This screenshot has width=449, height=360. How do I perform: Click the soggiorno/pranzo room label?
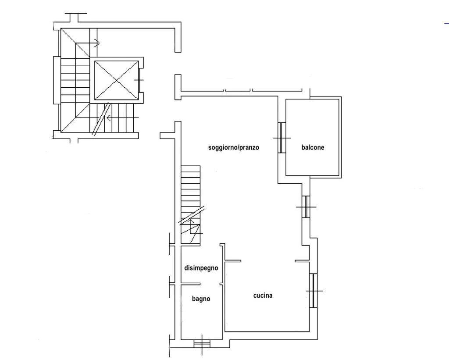click(233, 148)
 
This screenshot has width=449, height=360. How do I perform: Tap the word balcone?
click(313, 147)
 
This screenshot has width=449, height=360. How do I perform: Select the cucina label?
click(263, 295)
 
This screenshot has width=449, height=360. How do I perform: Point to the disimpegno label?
click(201, 268)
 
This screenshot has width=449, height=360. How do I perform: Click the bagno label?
click(201, 299)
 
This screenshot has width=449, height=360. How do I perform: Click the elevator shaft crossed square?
click(116, 80)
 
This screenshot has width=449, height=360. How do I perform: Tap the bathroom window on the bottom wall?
click(202, 343)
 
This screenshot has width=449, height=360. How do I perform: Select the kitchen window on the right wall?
click(314, 291)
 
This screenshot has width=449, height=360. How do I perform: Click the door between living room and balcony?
click(282, 138)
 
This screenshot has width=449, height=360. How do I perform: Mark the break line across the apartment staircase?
click(192, 215)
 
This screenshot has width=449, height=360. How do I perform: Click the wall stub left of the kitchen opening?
click(233, 261)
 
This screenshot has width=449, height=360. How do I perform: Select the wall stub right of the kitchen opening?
click(302, 261)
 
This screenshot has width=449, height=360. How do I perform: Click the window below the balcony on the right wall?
click(306, 207)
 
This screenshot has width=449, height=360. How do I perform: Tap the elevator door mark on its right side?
click(139, 80)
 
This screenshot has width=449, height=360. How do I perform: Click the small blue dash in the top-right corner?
click(446, 23)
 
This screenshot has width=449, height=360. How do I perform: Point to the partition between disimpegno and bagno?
click(190, 284)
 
